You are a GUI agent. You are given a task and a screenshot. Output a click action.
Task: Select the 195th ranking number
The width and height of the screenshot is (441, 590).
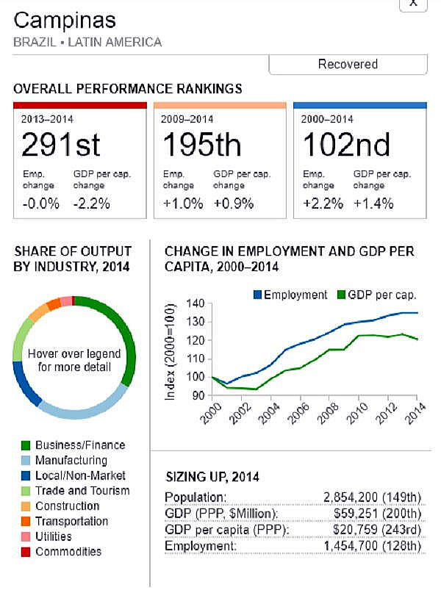tap(201, 144)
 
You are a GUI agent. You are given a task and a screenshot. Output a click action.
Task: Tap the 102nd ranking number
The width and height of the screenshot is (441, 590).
tap(346, 144)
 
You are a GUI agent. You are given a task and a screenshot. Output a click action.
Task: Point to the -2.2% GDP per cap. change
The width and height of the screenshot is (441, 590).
tap(92, 204)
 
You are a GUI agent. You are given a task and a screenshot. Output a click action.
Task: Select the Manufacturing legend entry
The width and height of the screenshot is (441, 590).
tap(71, 461)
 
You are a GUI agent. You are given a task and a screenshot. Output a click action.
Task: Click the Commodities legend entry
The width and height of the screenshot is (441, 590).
tap(68, 552)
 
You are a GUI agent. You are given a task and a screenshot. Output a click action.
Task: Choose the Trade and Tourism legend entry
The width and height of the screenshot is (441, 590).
tap(82, 491)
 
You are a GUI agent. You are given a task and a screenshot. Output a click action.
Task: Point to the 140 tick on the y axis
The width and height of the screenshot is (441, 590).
tap(194, 304)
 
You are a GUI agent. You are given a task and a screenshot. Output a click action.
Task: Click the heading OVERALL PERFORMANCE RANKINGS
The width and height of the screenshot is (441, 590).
tap(127, 89)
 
